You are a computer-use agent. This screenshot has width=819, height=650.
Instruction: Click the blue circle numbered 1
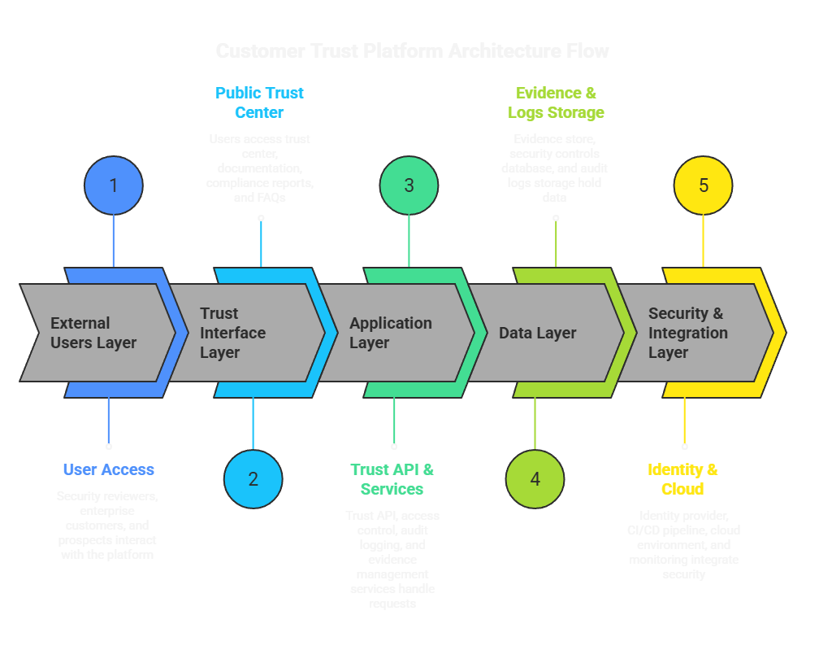[x=114, y=185]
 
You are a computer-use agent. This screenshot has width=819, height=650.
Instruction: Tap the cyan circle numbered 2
[x=253, y=479]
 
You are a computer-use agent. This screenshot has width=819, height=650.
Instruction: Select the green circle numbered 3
[x=409, y=185]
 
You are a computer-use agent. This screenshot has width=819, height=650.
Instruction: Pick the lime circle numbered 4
[x=535, y=479]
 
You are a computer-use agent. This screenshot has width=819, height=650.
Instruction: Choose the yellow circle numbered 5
[x=703, y=185]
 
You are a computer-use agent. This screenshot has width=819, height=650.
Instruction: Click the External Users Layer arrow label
[x=93, y=333]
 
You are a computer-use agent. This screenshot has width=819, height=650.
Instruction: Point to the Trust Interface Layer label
[x=233, y=333]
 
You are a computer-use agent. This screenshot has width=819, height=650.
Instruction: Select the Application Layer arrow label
[x=390, y=333]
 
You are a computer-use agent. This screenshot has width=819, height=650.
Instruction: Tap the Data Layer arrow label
[x=538, y=333]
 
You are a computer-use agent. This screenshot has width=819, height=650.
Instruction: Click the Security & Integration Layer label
[x=687, y=333]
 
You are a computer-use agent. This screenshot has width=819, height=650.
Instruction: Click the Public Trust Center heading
[x=259, y=103]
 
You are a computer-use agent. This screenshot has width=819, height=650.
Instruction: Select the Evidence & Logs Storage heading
[x=556, y=103]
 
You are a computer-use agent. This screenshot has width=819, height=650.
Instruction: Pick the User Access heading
[x=108, y=469]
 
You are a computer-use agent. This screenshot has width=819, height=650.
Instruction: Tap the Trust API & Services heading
[x=392, y=479]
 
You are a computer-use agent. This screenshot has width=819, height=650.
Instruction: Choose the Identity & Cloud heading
[x=682, y=479]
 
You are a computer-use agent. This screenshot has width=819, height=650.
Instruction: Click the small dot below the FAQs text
[x=261, y=218]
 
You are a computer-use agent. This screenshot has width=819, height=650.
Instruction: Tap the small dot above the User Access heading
[x=108, y=447]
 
